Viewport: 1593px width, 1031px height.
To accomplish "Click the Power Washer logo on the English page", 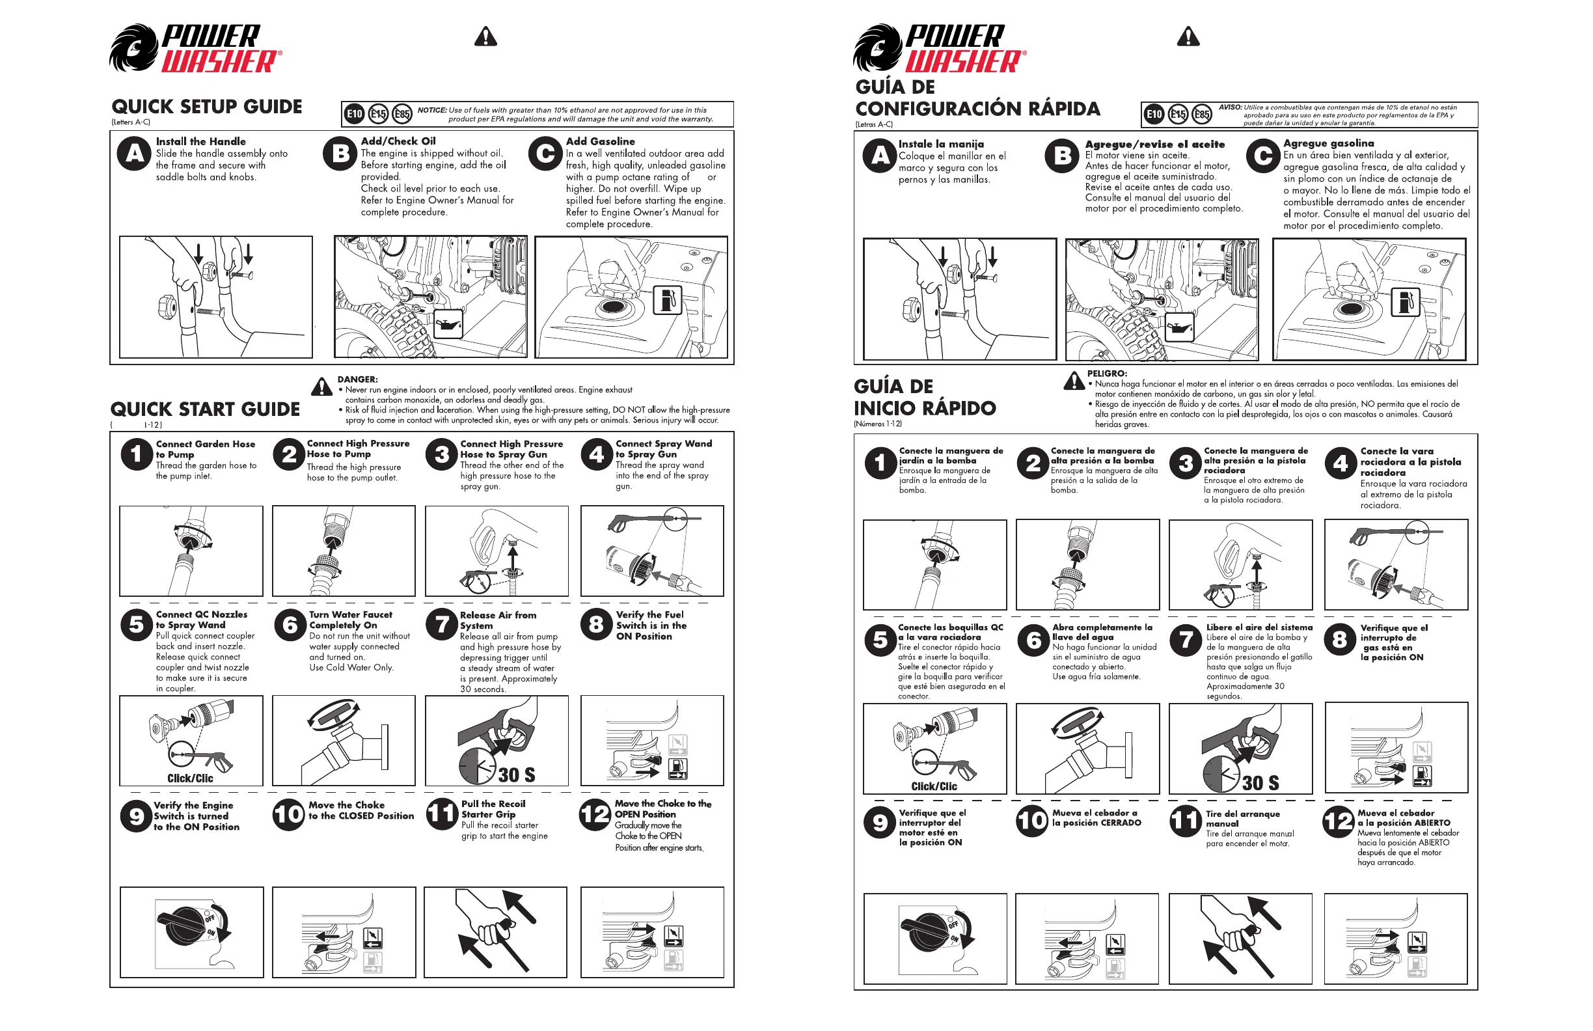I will (x=195, y=48).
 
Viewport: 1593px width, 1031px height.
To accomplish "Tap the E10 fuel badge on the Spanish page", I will (x=1154, y=115).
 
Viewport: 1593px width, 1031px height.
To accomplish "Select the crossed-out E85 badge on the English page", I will (x=402, y=114).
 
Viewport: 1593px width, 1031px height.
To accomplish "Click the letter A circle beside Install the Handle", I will (x=135, y=154).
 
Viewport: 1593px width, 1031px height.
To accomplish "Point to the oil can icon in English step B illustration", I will (x=448, y=325).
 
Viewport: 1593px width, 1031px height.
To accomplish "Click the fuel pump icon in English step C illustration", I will (x=666, y=299).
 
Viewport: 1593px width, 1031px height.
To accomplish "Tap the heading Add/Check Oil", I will (x=398, y=141).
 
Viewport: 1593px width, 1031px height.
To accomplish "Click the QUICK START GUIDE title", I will (x=205, y=409).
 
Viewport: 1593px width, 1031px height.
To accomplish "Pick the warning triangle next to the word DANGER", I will (x=322, y=387).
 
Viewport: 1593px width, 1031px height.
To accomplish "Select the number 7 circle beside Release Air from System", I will (x=442, y=625).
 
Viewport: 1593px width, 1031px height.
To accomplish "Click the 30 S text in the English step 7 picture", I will (x=516, y=775).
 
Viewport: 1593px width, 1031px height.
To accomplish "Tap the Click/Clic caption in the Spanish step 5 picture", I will (x=934, y=786).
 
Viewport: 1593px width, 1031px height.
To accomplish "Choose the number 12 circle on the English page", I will (x=594, y=816).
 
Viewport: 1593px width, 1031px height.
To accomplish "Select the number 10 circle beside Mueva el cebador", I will (x=1031, y=821).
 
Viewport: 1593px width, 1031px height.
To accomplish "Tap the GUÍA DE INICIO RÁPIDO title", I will (x=924, y=397).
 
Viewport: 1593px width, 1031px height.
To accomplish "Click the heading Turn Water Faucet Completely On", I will (x=351, y=620).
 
